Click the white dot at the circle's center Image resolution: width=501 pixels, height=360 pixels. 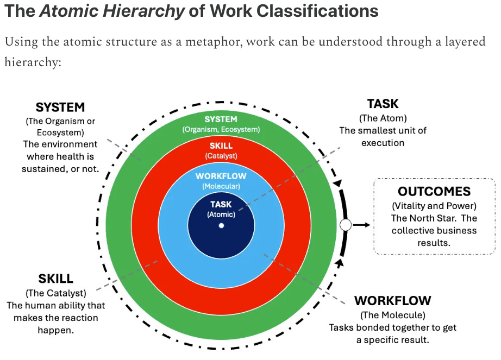tap(221, 225)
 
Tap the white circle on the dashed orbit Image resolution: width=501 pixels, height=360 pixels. tap(345, 225)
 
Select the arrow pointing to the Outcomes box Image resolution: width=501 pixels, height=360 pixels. tap(361, 225)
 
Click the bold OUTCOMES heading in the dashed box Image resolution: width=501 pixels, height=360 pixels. tap(434, 192)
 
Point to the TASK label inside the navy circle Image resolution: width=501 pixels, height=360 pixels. tap(221, 205)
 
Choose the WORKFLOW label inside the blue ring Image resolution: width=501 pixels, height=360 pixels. tap(221, 176)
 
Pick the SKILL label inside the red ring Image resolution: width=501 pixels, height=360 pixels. tap(221, 146)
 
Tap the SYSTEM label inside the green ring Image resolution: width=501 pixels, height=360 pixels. tap(221, 119)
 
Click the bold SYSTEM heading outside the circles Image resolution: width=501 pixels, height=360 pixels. tap(60, 108)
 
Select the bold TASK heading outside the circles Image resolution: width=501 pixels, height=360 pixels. tap(383, 104)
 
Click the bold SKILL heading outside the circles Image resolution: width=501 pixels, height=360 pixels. tap(55, 279)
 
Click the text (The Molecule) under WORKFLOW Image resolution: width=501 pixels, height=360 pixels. tap(392, 315)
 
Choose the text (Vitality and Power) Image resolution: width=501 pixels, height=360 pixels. tap(434, 206)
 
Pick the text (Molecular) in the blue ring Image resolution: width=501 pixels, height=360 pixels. tap(221, 186)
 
